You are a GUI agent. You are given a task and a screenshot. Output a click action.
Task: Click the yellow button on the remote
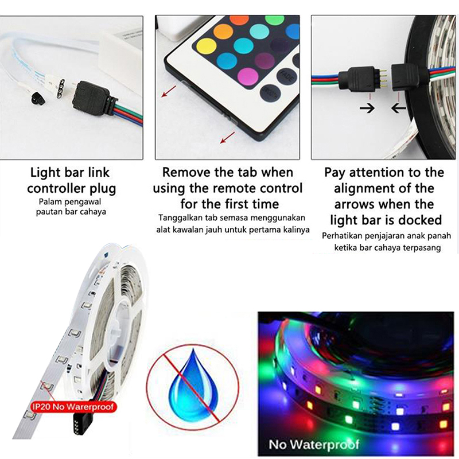207,46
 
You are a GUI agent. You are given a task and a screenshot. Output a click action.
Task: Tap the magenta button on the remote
248,78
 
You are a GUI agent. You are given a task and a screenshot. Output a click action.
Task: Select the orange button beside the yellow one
223,32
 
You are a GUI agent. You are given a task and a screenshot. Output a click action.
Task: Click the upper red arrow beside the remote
169,91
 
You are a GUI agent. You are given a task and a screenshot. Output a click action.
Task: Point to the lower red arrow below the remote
227,138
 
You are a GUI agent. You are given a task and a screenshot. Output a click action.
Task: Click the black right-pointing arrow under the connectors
367,108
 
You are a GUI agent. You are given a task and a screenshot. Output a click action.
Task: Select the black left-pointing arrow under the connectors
399,108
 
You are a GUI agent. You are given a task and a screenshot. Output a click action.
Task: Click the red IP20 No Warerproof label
73,407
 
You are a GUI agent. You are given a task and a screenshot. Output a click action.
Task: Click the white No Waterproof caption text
314,445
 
